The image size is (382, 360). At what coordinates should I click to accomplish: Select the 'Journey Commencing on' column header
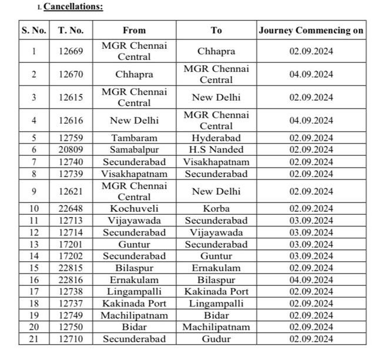[311, 30]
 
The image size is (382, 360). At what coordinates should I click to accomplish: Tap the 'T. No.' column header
[71, 30]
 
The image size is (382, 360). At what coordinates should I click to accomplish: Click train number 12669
[71, 51]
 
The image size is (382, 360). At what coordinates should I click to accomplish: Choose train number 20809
[71, 150]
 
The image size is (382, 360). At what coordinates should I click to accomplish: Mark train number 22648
[71, 209]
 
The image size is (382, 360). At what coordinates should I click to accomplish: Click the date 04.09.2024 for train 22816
[311, 279]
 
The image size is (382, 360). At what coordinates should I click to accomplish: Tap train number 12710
[71, 339]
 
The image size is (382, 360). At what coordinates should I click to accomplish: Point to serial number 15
[33, 268]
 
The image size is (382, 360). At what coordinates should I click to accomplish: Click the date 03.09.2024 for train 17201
[311, 244]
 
